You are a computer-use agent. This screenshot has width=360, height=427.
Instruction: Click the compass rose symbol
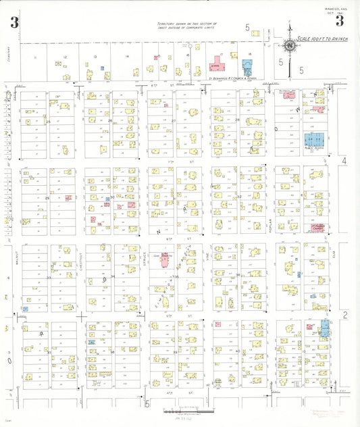pyautogui.click(x=290, y=46)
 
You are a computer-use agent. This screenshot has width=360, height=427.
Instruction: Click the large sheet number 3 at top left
pyautogui.click(x=14, y=22)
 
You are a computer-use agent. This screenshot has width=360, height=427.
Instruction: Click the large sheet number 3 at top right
pyautogui.click(x=340, y=21)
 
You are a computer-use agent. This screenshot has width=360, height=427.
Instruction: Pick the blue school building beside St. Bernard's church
pyautogui.click(x=248, y=66)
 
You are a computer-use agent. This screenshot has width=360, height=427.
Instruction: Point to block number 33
pyautogui.click(x=49, y=277)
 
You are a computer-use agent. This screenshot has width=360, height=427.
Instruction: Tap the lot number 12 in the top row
pyautogui.click(x=65, y=57)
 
